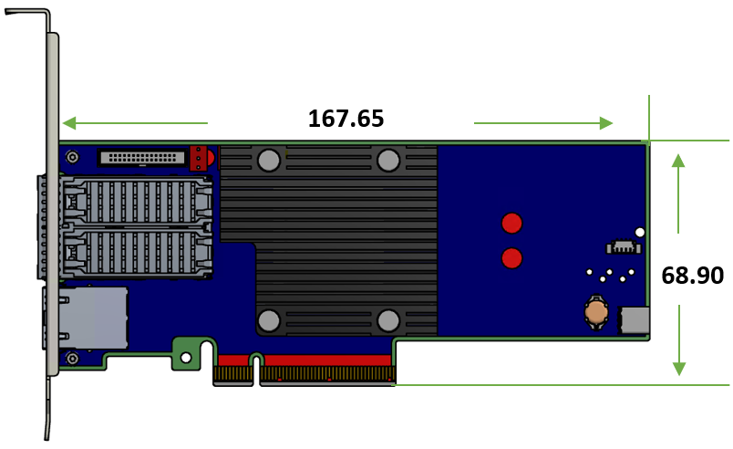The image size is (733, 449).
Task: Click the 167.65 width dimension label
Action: pyautogui.click(x=346, y=119)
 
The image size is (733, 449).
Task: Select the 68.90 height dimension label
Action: pyautogui.click(x=692, y=276)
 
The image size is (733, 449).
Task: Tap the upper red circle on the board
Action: pyautogui.click(x=512, y=222)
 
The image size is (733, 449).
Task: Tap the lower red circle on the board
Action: pyautogui.click(x=512, y=258)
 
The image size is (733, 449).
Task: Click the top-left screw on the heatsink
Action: pyautogui.click(x=268, y=161)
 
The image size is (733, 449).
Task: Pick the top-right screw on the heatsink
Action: pyautogui.click(x=388, y=161)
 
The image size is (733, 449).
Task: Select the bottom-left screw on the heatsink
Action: pyautogui.click(x=268, y=320)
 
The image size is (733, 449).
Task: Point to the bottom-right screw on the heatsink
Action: pyautogui.click(x=388, y=320)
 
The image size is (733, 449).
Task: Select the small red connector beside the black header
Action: pyautogui.click(x=198, y=159)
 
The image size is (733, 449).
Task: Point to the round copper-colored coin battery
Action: pyautogui.click(x=596, y=313)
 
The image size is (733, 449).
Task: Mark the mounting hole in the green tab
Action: pyautogui.click(x=186, y=358)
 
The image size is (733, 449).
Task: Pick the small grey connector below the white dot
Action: pyautogui.click(x=623, y=246)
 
